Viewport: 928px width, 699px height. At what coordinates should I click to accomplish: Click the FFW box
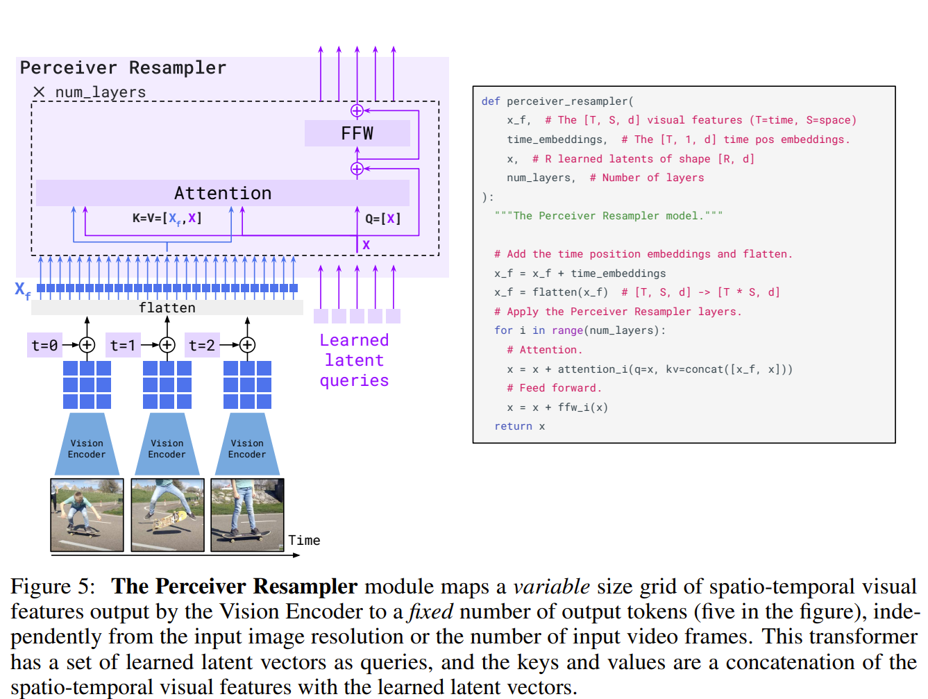[x=357, y=133]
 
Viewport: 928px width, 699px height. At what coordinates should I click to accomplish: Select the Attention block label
[x=223, y=193]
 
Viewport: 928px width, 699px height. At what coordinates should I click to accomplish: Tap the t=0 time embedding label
[x=44, y=345]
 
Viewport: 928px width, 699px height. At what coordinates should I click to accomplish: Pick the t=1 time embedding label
[x=124, y=345]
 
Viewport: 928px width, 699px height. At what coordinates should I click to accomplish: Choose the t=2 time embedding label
[x=202, y=345]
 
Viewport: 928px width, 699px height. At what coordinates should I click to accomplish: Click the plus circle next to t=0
[x=87, y=345]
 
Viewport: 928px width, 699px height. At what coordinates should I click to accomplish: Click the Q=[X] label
[x=382, y=219]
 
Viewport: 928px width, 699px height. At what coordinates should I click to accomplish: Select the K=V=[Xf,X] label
[x=167, y=219]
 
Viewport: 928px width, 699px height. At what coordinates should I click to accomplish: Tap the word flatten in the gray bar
[x=167, y=308]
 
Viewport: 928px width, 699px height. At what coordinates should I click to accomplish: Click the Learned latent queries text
[x=354, y=360]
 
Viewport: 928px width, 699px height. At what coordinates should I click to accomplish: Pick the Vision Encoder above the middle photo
[x=167, y=448]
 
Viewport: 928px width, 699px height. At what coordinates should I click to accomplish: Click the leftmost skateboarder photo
[x=87, y=514]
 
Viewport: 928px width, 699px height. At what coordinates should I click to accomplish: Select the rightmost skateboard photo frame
[x=247, y=514]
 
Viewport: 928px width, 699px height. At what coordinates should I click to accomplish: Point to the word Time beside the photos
[x=304, y=540]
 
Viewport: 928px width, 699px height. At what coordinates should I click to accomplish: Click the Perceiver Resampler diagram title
[x=123, y=67]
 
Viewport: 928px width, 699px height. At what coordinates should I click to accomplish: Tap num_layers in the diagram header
[x=101, y=92]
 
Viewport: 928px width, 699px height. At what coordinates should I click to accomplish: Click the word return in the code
[x=513, y=426]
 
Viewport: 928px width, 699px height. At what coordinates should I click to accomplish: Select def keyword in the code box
[x=491, y=101]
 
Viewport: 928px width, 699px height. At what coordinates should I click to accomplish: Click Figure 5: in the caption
[x=53, y=587]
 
